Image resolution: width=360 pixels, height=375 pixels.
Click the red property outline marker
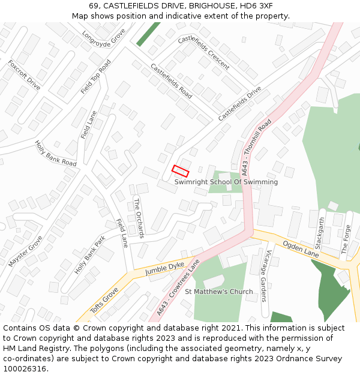(181, 170)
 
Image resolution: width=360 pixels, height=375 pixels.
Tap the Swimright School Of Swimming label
(226, 182)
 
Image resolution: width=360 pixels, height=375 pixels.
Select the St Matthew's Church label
(219, 292)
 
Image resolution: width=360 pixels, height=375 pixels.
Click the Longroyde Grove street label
(103, 40)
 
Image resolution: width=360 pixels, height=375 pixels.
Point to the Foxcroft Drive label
(24, 75)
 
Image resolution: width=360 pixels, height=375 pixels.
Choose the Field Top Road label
(96, 77)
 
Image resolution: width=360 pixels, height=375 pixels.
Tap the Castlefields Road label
(171, 81)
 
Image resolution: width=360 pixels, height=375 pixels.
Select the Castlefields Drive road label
(240, 103)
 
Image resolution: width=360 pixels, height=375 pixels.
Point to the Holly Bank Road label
(56, 154)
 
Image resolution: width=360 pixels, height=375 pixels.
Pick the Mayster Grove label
(26, 251)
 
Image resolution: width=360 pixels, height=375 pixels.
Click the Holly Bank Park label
(90, 255)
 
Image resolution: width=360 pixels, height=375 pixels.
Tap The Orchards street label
(138, 218)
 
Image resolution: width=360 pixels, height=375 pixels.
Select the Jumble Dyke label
(164, 269)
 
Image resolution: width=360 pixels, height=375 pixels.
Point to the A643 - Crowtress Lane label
(178, 288)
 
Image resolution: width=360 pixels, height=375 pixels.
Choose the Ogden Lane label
(301, 249)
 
